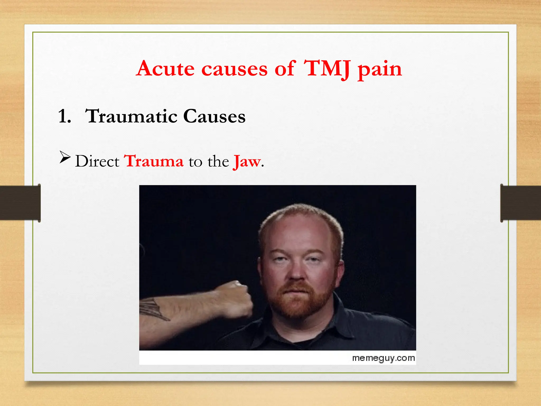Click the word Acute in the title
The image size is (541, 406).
pos(166,68)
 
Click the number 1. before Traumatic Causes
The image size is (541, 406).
pos(64,116)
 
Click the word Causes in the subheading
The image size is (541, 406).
pos(214,116)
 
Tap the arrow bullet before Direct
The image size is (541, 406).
pos(65,157)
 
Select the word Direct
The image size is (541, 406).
pos(97,161)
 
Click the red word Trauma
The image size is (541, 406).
pos(154,161)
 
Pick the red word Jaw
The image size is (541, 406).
pos(247,162)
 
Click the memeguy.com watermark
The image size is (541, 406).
pos(383,358)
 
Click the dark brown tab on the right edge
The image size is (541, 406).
pos(520,203)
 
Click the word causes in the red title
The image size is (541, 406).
pos(234,69)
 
